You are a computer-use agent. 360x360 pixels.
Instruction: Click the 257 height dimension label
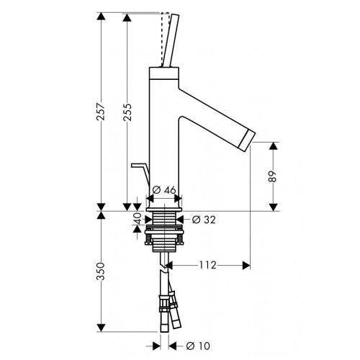tap(101, 112)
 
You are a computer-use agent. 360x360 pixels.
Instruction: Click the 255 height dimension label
tap(127, 112)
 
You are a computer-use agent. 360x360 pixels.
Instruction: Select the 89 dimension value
tap(273, 176)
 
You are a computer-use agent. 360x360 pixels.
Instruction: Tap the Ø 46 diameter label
tap(164, 190)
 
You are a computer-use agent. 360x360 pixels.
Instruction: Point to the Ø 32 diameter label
tap(204, 220)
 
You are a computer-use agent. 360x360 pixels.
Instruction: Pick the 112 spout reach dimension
tap(208, 265)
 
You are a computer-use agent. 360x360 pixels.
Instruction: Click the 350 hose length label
tap(101, 271)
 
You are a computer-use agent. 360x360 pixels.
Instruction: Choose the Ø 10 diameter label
tap(198, 346)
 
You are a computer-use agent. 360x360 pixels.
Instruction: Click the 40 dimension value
tap(138, 218)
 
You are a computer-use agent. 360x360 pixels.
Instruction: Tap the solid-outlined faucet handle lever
tap(171, 40)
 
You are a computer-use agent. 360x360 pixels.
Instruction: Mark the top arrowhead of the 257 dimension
tap(101, 17)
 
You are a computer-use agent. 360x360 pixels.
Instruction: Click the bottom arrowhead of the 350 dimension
tap(101, 328)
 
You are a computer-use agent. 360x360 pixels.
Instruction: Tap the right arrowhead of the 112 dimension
tap(246, 265)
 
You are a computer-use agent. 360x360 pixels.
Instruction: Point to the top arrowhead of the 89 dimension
tap(274, 146)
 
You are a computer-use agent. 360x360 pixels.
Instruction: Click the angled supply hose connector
tap(174, 310)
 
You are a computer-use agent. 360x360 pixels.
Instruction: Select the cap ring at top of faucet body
tap(164, 73)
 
